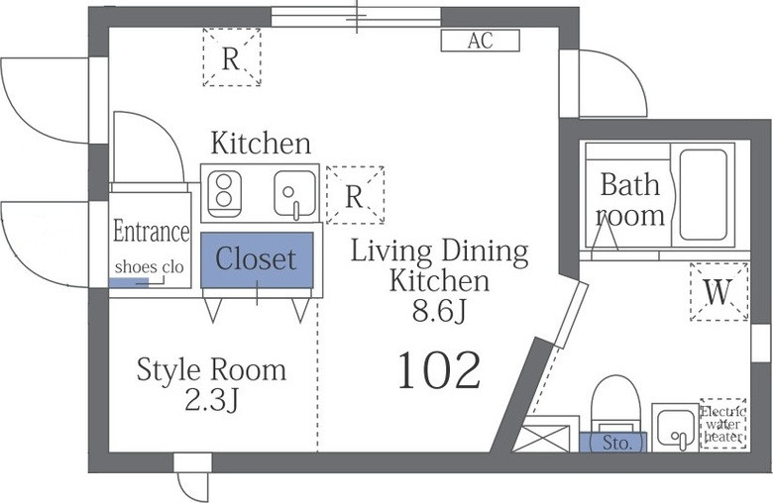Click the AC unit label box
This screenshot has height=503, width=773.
480,41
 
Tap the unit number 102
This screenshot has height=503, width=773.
438,370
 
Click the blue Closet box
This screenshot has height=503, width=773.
257,259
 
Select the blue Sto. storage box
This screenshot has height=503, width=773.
612,442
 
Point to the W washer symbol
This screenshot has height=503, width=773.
718,292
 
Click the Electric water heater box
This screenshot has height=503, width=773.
723,424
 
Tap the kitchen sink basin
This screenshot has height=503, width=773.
295,194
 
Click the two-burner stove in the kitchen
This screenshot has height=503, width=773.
224,194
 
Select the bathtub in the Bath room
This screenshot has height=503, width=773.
703,194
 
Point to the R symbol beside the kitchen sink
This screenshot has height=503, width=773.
355,195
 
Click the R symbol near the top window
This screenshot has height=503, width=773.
232,57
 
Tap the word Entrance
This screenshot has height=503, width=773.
151,231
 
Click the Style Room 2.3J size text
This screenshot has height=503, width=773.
211,384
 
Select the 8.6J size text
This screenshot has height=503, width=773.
439,311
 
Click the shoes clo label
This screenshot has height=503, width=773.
149,267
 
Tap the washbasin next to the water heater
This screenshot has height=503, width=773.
675,427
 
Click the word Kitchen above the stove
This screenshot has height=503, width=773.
261,143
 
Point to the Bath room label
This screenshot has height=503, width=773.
630,200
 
